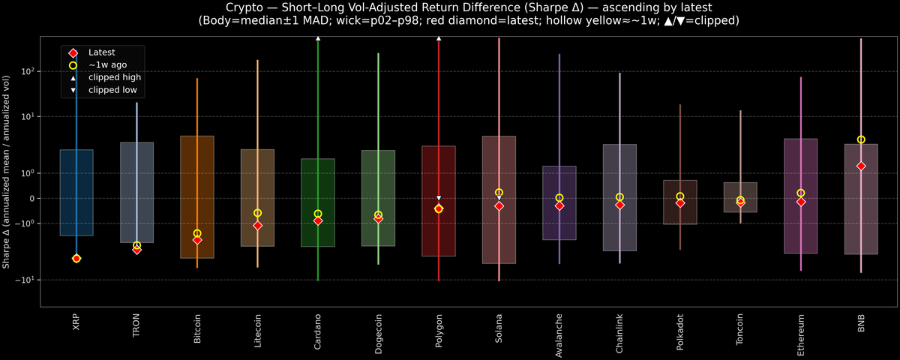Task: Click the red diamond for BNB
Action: pyautogui.click(x=861, y=166)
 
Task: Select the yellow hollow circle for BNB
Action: pyautogui.click(x=861, y=139)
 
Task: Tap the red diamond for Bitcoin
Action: pyautogui.click(x=197, y=240)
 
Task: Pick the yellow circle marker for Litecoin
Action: pyautogui.click(x=257, y=213)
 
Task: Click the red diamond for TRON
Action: pyautogui.click(x=136, y=250)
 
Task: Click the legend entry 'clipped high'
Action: pyautogui.click(x=114, y=77)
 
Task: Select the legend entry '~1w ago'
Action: pyautogui.click(x=107, y=65)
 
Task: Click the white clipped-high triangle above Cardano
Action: pyautogui.click(x=318, y=37)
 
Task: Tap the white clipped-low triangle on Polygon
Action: pyautogui.click(x=439, y=198)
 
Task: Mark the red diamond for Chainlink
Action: pyautogui.click(x=619, y=205)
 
